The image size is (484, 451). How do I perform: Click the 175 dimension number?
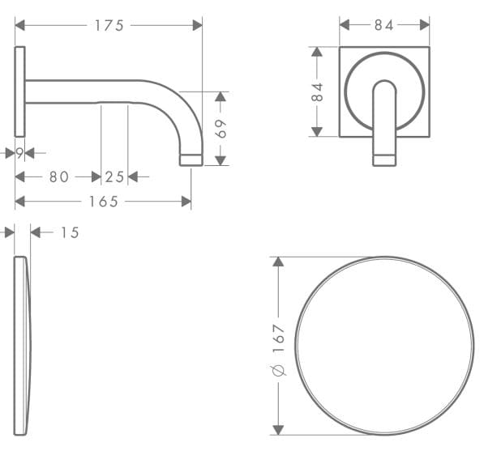coord(109,26)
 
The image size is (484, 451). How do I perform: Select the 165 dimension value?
coord(104,201)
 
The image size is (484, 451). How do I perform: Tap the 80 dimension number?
coord(58,177)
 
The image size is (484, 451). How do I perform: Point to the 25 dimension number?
coord(114,177)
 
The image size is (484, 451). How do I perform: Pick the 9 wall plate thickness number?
coord(19,152)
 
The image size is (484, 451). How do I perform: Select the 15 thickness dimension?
coord(70,232)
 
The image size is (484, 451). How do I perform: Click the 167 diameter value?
coord(278,338)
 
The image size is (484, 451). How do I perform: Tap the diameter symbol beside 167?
coord(278,369)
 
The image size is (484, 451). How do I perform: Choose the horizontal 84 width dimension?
coord(383,26)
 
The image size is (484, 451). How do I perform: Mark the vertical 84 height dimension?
coord(317,91)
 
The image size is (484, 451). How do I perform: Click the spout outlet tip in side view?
coord(191,160)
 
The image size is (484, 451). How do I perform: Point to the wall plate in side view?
coord(20,91)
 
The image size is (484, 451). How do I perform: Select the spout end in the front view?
coord(384,159)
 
